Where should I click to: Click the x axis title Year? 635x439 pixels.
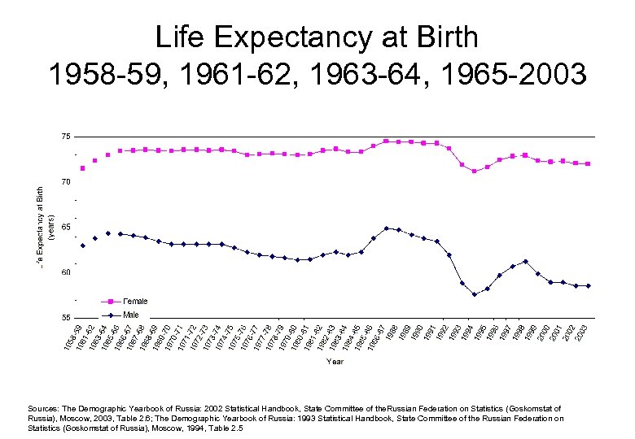(x=335, y=361)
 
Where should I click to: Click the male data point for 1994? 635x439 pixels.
(x=475, y=294)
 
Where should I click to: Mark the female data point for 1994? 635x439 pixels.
(x=475, y=172)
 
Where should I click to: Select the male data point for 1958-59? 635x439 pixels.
(x=83, y=246)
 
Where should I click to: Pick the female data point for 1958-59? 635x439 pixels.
(x=83, y=168)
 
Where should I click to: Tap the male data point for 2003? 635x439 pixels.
(x=588, y=285)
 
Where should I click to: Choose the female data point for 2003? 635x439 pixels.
(x=588, y=163)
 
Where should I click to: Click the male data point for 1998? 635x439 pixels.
(x=525, y=261)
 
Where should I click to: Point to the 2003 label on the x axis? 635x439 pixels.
(x=583, y=333)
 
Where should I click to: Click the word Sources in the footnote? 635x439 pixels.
(x=44, y=409)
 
